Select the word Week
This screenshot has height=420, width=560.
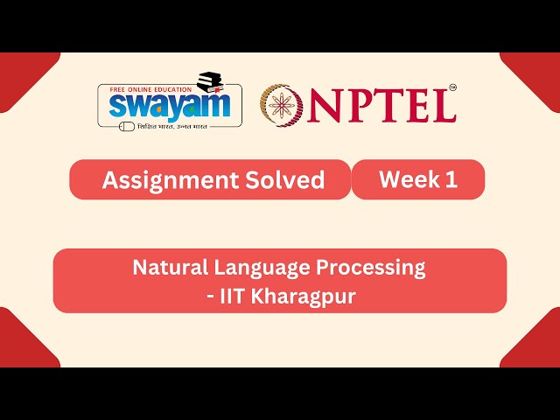(406, 180)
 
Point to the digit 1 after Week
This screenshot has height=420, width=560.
(451, 180)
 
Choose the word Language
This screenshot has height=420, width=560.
(261, 268)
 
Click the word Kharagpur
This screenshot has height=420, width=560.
(303, 297)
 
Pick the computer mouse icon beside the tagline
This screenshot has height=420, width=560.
(128, 126)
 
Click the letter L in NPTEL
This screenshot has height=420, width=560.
(443, 105)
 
